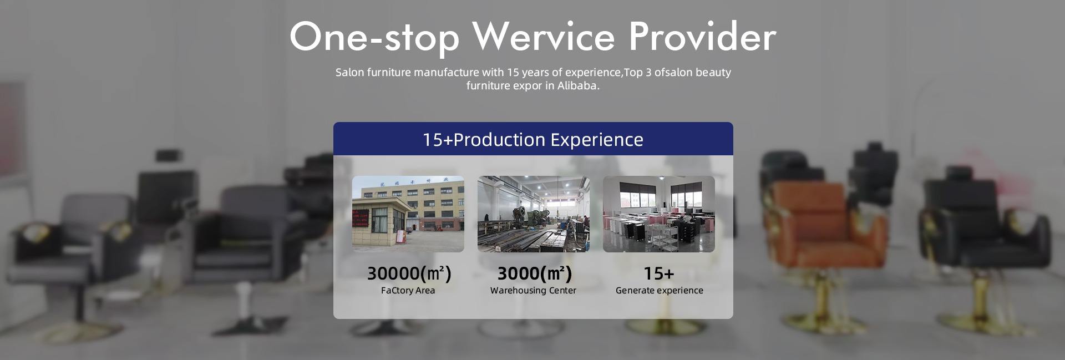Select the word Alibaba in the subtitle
coord(579,85)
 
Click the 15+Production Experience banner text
coord(533,139)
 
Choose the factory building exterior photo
coord(408,214)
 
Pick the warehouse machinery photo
coord(534,214)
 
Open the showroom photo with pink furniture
coord(659,214)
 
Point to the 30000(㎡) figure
coord(409,273)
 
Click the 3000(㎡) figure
coord(534,273)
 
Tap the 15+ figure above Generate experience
coord(659,273)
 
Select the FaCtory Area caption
coord(408,290)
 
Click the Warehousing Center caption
coord(534,290)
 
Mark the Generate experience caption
coord(660,290)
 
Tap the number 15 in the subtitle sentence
coord(513,72)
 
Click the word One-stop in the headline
coord(374,37)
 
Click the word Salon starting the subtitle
coord(349,72)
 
